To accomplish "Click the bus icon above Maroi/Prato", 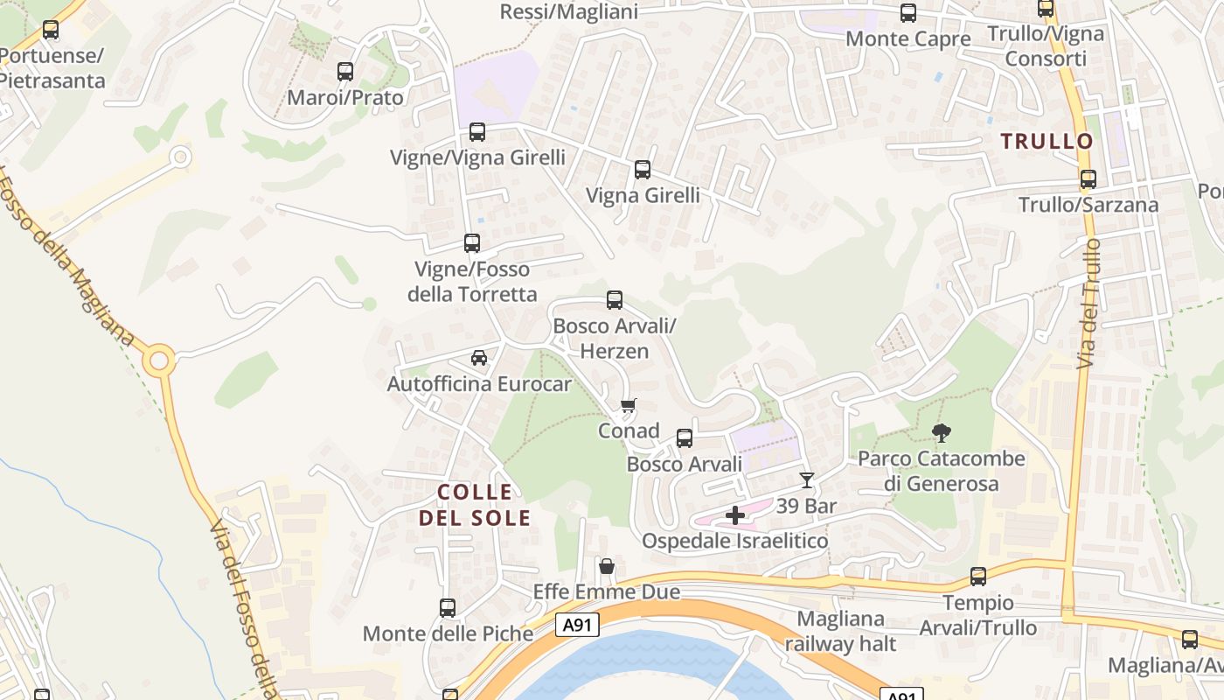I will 345,72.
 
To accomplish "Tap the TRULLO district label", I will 1047,141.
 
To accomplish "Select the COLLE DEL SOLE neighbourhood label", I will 475,505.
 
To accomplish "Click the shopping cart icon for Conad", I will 628,405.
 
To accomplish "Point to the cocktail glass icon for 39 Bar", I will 806,479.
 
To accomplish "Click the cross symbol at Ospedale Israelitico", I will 735,514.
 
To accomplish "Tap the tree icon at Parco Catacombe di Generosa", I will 942,432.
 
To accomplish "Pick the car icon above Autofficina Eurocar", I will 478,358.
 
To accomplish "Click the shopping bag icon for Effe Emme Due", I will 606,567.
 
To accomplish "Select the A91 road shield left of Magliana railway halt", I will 574,625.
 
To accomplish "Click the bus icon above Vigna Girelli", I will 643,170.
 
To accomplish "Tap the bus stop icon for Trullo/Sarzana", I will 1088,179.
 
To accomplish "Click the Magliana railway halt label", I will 840,631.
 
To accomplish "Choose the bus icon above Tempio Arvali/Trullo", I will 977,577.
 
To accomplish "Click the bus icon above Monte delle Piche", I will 448,607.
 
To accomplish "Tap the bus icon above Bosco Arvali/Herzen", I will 615,300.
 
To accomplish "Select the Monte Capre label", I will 908,39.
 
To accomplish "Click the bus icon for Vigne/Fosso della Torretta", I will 472,243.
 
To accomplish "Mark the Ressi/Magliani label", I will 568,11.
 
